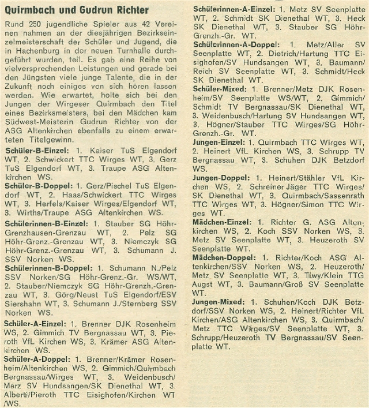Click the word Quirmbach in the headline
[x=28, y=10]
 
